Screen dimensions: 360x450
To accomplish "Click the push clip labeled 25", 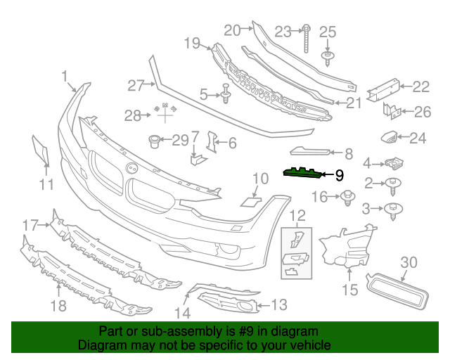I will tap(328, 56).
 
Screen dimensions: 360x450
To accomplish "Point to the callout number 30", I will tap(409, 263).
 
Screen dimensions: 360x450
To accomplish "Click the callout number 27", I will tap(135, 85).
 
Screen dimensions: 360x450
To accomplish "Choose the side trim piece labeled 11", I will tap(39, 149).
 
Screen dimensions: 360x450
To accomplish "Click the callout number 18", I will tap(58, 305).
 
